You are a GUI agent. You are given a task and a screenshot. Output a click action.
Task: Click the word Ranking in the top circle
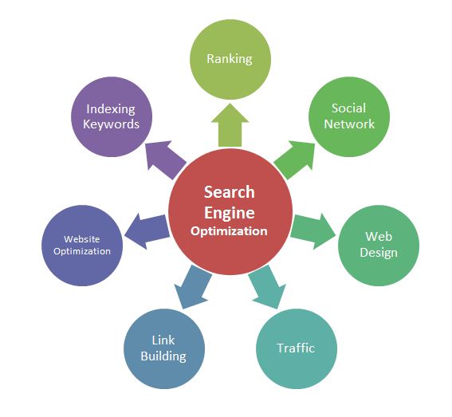230,59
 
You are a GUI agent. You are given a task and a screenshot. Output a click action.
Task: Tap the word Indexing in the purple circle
111,109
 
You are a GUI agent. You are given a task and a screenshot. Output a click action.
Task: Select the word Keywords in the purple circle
111,124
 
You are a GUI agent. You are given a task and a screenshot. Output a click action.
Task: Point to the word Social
349,108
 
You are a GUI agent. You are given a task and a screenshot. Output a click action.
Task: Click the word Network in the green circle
349,124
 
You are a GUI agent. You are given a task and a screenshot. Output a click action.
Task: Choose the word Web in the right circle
379,237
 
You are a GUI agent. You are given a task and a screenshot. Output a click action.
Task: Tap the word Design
379,253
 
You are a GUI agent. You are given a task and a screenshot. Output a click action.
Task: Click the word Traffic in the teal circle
296,348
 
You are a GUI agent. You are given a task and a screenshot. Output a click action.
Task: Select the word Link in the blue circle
163,340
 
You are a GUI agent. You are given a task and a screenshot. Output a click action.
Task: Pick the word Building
163,356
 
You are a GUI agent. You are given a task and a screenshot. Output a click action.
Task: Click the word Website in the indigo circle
82,239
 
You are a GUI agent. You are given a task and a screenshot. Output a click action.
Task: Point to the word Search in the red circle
230,192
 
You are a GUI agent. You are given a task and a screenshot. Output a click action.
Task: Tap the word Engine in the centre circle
230,213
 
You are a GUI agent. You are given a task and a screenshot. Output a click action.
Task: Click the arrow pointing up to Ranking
230,125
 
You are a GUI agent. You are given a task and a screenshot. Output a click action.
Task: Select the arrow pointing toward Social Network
295,159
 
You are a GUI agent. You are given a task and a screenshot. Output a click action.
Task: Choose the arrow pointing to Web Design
313,231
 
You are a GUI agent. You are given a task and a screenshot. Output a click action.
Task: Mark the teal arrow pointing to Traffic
267,287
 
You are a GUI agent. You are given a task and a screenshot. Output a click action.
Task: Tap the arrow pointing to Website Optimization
147,231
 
